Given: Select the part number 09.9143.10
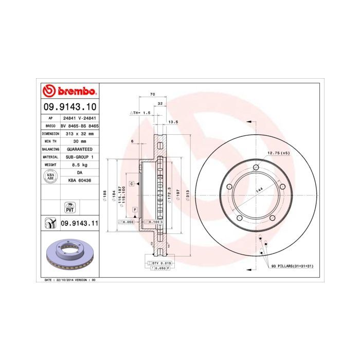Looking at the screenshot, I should [x=69, y=107].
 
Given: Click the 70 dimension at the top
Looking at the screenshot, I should [x=152, y=95].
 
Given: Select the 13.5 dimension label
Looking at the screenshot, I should [x=173, y=122].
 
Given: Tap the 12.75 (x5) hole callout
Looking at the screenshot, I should [x=278, y=153].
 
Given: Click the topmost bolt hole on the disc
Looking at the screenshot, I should [x=256, y=167].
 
